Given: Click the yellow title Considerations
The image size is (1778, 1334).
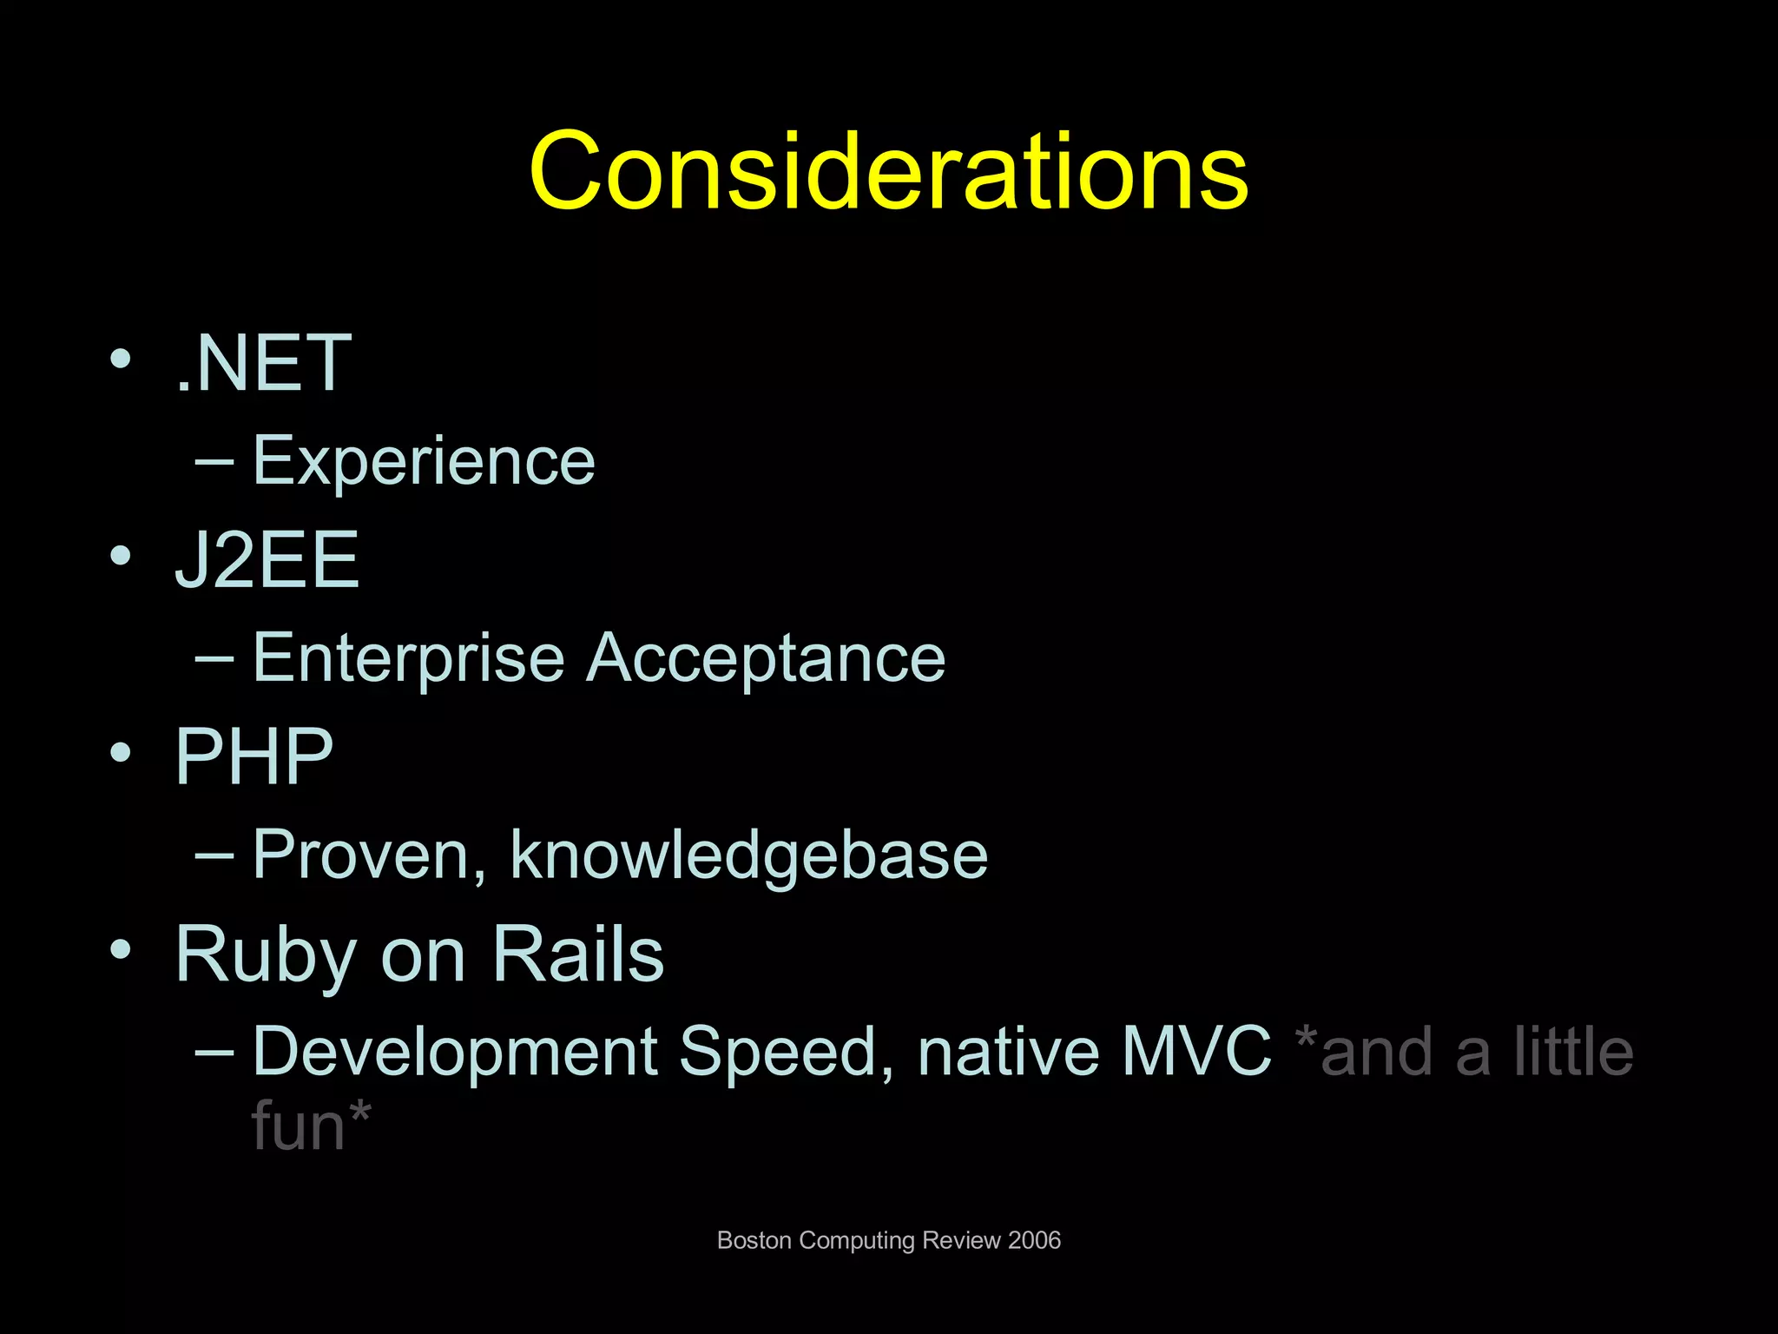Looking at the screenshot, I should coord(888,171).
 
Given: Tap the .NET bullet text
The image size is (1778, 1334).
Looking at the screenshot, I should coord(263,364).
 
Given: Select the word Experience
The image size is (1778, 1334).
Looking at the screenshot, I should coord(424,461).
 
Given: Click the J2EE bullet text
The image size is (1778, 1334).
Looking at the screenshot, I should coord(267,560).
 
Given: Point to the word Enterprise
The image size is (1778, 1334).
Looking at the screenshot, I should coord(409,658).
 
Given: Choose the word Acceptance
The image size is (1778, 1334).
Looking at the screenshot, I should coord(766,658).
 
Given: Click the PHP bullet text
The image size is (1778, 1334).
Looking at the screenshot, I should coord(254,756).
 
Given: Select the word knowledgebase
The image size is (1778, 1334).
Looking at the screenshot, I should coord(748,855).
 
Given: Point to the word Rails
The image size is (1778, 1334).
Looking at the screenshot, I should coord(578,954).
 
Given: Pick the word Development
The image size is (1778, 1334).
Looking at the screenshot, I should coord(454,1052).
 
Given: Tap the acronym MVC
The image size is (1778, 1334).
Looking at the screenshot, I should coord(1195,1052).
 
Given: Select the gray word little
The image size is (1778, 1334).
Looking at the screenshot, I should coord(1573,1052).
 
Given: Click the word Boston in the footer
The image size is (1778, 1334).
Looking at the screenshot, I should coord(754,1240).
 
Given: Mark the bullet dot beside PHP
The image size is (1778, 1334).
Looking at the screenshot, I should coord(121,752).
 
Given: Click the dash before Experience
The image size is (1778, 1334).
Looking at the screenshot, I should coord(214,462).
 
